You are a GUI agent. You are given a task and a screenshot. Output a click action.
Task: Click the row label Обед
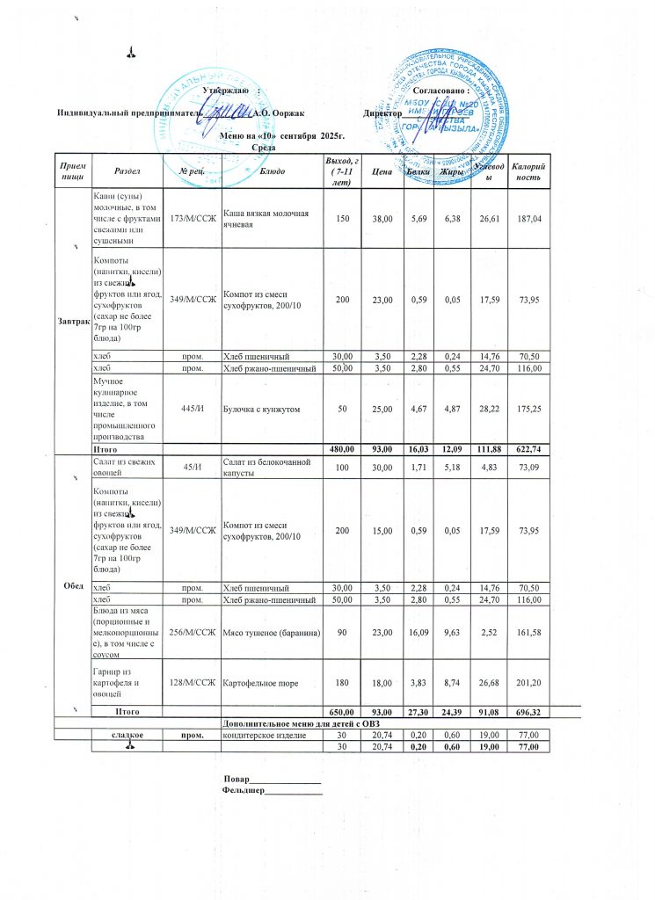pyautogui.click(x=74, y=585)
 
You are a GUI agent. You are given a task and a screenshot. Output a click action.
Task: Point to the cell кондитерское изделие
pyautogui.click(x=263, y=735)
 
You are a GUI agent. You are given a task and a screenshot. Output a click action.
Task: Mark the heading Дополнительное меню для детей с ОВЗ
pyautogui.click(x=303, y=722)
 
